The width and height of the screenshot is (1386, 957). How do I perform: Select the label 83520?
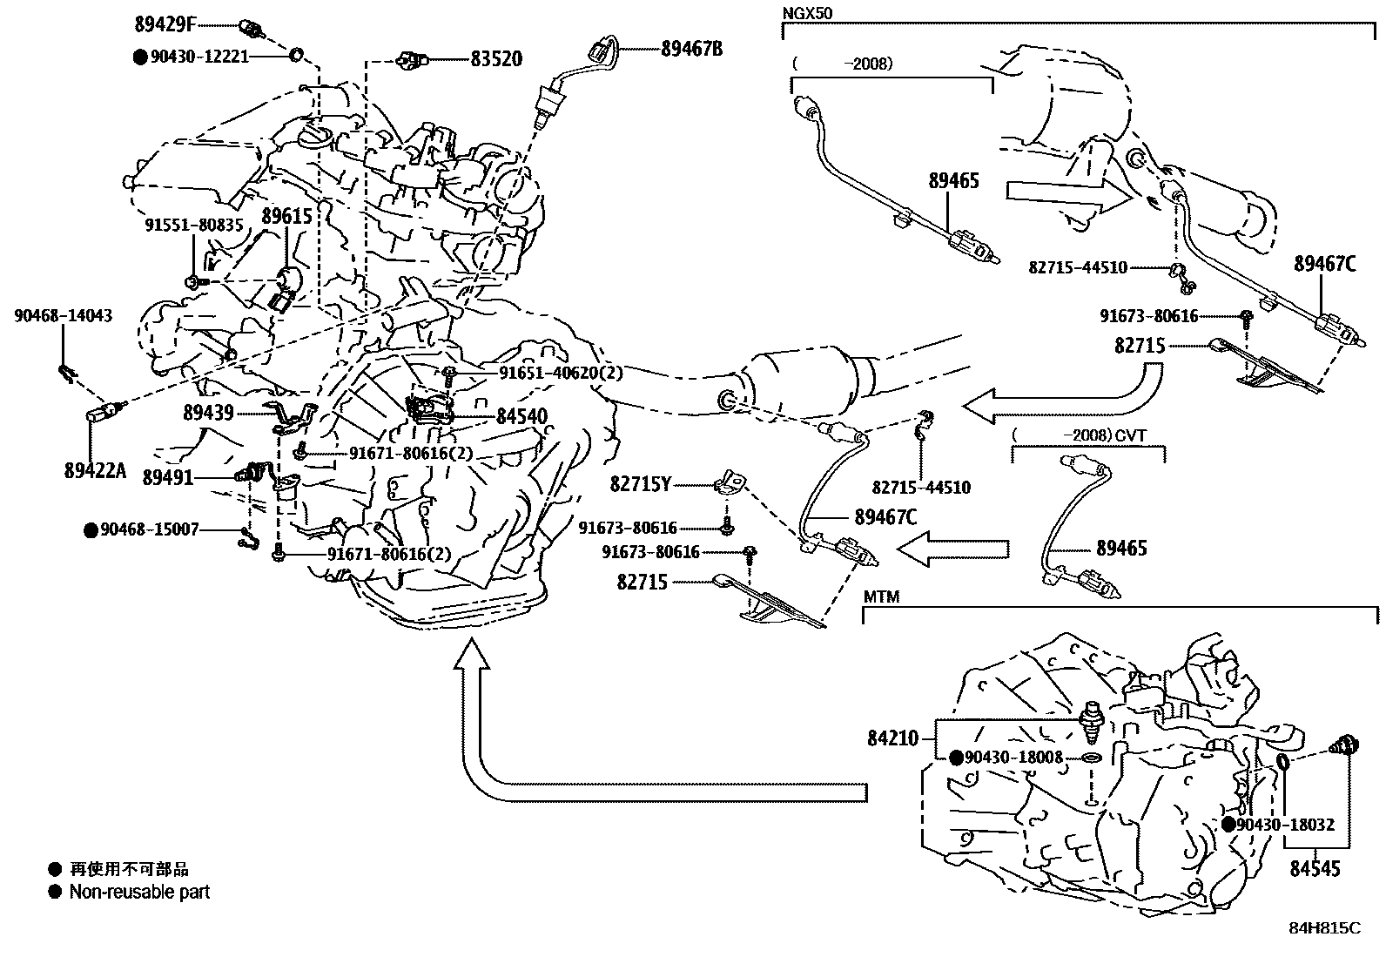[496, 59]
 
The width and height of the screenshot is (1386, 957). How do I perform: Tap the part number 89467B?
[691, 49]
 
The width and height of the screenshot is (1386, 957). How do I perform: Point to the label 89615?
[286, 215]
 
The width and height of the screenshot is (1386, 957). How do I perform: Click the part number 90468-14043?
[63, 316]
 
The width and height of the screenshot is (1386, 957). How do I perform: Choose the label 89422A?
[95, 471]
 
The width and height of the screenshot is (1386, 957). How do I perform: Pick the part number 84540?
[522, 417]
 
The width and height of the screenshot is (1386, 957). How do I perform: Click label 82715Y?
[640, 485]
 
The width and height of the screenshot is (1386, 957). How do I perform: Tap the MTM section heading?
[881, 597]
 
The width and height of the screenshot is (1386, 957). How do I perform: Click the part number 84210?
[892, 738]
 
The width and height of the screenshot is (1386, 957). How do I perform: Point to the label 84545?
[1315, 868]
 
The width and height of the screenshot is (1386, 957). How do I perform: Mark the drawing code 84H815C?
[1324, 928]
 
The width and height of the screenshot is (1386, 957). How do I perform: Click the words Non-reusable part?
[139, 892]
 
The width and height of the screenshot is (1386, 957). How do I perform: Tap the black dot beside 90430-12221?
[139, 57]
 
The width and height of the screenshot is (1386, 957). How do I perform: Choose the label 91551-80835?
[193, 225]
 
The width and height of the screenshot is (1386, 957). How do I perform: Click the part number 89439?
[208, 412]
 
